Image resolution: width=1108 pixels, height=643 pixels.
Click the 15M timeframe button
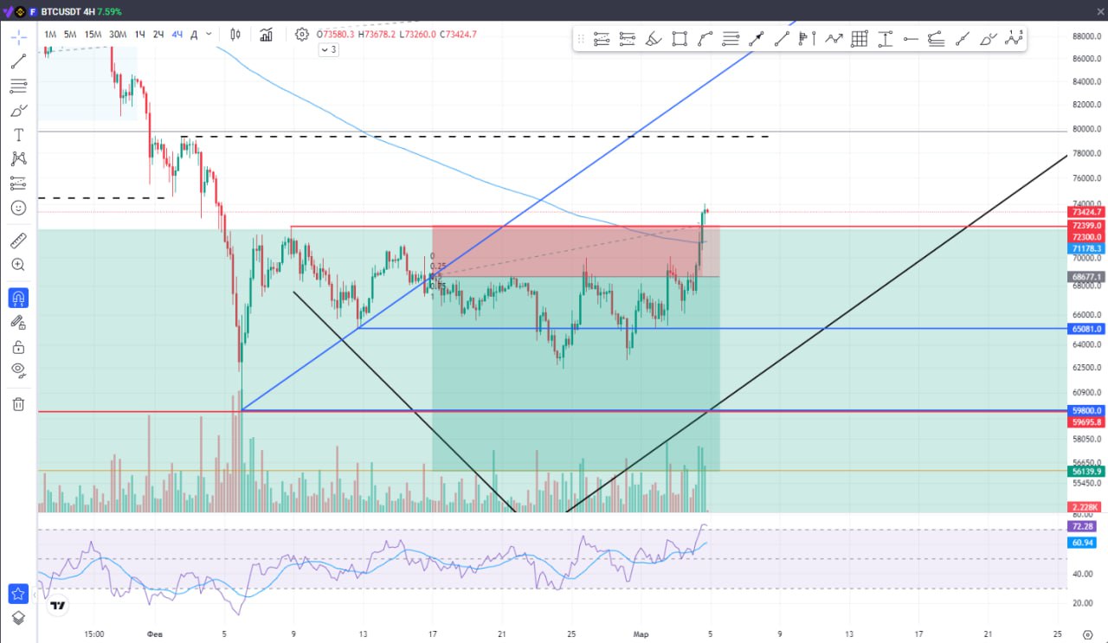click(93, 35)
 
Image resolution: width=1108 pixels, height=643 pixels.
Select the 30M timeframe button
click(118, 35)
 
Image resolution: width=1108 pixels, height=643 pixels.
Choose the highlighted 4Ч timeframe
click(177, 35)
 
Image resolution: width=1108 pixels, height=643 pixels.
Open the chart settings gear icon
click(301, 35)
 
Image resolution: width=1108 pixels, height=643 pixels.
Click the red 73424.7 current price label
click(1086, 212)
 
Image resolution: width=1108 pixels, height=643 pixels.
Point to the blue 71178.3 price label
click(1086, 248)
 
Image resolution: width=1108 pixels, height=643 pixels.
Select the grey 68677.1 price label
click(1086, 277)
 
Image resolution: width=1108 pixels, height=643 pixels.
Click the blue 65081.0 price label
click(1086, 329)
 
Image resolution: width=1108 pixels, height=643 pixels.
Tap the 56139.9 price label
click(1086, 471)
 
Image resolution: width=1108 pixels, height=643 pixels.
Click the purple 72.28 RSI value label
click(1081, 526)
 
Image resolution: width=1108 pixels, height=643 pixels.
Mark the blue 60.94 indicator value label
click(1081, 543)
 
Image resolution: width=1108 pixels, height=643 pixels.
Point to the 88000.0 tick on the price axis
click(1086, 36)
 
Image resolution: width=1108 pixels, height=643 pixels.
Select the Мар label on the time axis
click(641, 633)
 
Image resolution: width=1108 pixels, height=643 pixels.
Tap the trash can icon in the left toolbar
click(18, 404)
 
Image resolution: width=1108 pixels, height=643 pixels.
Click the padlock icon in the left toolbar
click(18, 347)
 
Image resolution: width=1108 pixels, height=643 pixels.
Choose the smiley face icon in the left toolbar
click(18, 208)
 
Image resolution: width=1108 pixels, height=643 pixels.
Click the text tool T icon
click(18, 135)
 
